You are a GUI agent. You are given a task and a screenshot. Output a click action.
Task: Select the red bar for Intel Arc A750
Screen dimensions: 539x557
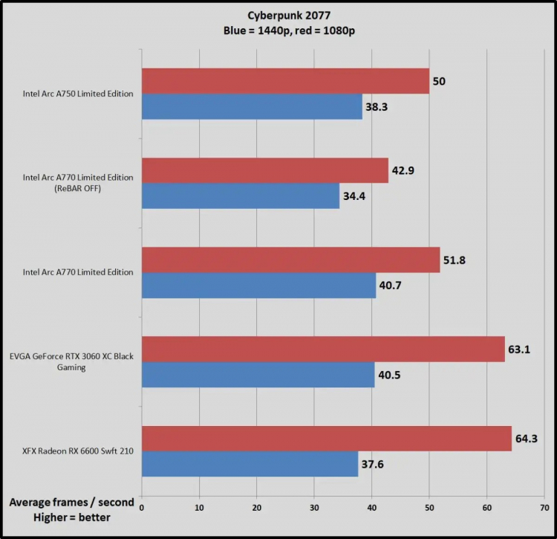(285, 81)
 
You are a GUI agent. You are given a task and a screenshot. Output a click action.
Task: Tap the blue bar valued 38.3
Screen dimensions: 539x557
(252, 106)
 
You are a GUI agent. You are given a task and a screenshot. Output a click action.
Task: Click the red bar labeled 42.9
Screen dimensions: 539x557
(264, 170)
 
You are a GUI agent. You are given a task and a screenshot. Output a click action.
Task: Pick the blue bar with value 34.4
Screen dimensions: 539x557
(241, 196)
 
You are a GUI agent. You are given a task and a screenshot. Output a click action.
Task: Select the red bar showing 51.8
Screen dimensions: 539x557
(290, 259)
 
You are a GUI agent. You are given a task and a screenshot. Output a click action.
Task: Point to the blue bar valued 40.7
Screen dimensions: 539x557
(258, 285)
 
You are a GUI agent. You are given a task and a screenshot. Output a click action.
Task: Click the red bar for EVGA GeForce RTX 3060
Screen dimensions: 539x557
(323, 349)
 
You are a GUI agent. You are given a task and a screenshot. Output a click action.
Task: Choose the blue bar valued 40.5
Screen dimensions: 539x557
(258, 374)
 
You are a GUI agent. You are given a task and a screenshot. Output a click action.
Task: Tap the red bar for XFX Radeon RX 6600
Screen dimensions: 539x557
(326, 438)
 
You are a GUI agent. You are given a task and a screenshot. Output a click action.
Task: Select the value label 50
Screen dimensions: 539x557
(439, 81)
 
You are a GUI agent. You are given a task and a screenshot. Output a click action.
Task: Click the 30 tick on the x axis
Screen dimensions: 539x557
(313, 507)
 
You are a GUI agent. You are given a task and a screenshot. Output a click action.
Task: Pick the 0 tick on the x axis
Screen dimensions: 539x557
(141, 507)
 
